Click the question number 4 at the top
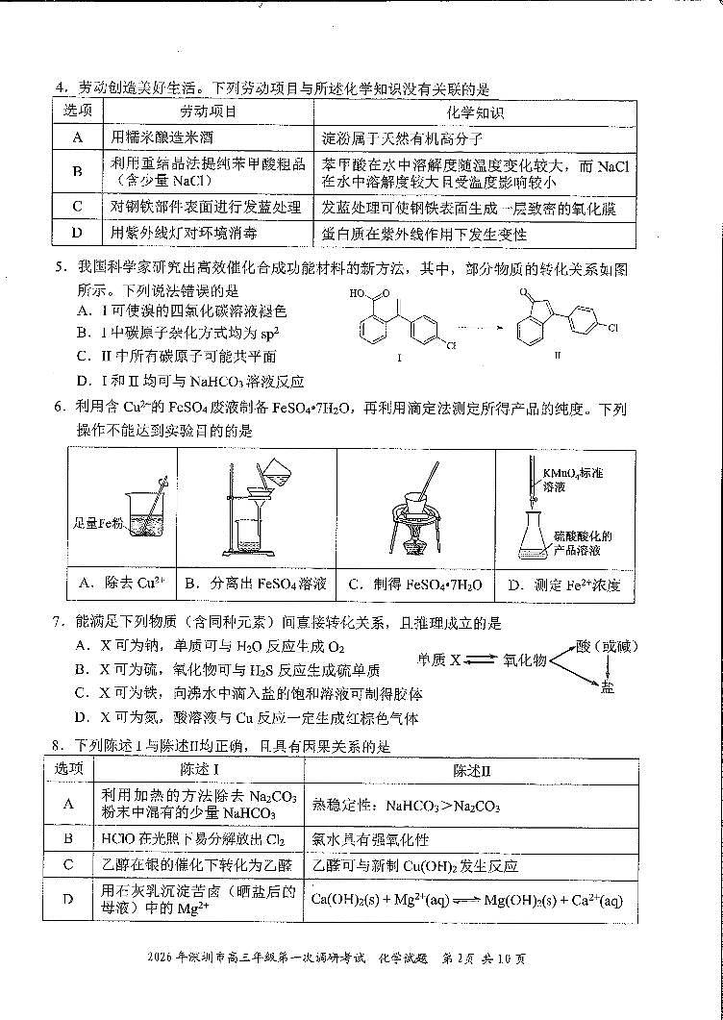tap(59, 89)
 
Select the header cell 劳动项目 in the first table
tap(208, 112)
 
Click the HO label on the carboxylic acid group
tap(357, 295)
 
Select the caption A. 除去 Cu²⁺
tap(121, 584)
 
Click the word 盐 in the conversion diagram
tap(607, 689)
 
